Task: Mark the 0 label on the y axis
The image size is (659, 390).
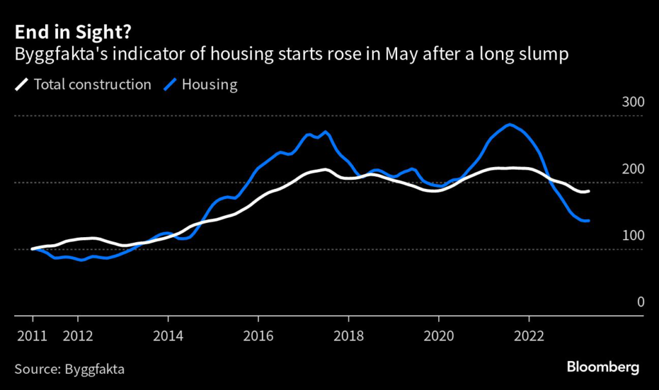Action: [640, 302]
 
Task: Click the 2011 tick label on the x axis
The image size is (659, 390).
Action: [32, 335]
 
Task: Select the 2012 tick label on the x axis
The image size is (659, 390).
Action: [77, 335]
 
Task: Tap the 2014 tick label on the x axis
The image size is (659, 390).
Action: [167, 335]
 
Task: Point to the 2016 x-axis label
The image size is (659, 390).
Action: [257, 335]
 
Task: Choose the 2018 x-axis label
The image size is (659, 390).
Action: [348, 335]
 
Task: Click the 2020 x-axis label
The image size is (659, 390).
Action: [438, 335]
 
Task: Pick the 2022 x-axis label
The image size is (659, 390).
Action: [528, 335]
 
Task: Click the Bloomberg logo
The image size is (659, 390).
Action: [602, 368]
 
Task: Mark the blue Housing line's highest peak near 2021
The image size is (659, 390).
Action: [510, 125]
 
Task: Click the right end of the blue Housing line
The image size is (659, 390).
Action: [589, 220]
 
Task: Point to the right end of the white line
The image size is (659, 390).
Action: [589, 191]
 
